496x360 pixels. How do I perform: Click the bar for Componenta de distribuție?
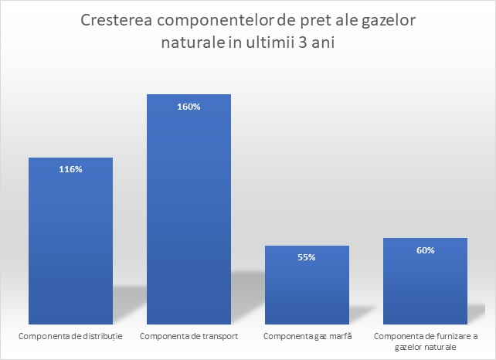tap(70, 241)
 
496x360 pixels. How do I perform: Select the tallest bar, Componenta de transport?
tap(189, 209)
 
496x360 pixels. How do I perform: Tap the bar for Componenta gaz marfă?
tap(307, 285)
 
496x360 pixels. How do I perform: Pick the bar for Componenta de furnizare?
tap(425, 281)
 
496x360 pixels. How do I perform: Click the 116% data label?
tap(70, 169)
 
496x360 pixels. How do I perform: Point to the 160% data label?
tap(189, 107)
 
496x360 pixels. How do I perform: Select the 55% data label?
tap(307, 257)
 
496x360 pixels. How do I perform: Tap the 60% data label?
tap(426, 250)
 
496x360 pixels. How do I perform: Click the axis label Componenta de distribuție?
tap(70, 336)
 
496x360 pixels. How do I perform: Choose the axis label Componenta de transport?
tap(189, 336)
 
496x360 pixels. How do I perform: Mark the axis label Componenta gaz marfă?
tap(307, 336)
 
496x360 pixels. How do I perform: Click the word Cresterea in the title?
tap(117, 20)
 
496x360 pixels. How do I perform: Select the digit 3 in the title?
tap(303, 42)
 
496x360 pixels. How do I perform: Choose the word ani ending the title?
tap(323, 42)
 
